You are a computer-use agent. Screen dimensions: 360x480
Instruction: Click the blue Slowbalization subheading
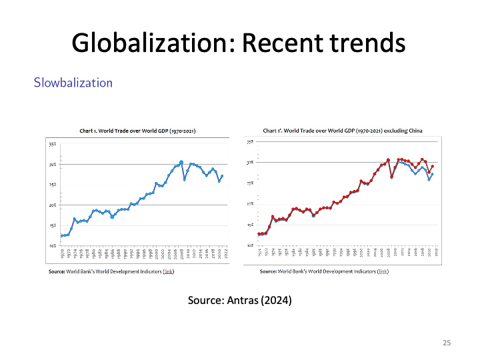click(73, 83)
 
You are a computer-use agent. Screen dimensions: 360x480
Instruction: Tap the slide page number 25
click(447, 343)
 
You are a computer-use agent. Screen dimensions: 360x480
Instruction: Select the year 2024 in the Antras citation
click(277, 300)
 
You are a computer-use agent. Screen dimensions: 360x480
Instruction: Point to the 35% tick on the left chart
click(51, 143)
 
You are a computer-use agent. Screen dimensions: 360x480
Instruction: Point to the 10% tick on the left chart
click(51, 246)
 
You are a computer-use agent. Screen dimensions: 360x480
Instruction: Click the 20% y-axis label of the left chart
click(51, 205)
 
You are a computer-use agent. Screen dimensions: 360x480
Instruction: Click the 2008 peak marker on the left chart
click(181, 162)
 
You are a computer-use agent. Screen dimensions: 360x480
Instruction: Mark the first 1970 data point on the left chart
click(62, 235)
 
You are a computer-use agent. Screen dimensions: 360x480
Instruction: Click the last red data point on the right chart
click(433, 166)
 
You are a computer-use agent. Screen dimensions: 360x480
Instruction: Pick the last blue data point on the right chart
click(433, 175)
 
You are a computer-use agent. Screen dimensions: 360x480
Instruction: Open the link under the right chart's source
click(383, 272)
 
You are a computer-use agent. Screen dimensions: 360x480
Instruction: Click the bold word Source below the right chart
click(267, 272)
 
